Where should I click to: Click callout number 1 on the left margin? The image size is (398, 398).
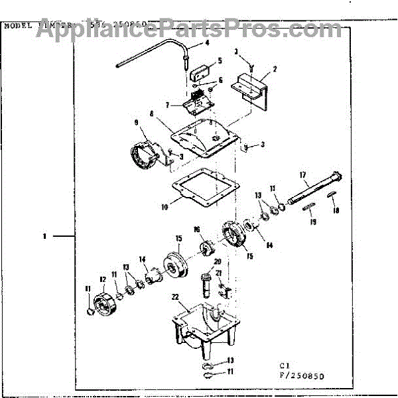click(44, 235)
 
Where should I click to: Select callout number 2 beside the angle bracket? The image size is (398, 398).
click(275, 69)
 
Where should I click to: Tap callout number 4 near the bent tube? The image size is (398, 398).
click(206, 42)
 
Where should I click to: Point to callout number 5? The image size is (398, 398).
click(220, 60)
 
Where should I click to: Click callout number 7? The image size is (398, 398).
click(168, 105)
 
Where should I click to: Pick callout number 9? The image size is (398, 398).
click(137, 123)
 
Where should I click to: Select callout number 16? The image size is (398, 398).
click(196, 230)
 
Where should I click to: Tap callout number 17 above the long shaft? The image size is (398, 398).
click(303, 175)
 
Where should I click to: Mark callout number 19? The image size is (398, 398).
click(314, 223)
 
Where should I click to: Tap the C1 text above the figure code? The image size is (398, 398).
click(284, 364)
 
